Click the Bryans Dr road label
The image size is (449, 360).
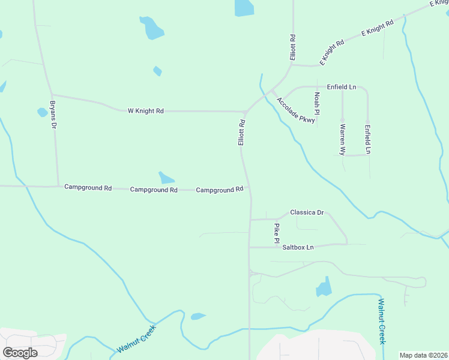(53, 115)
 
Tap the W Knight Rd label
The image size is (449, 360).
(145, 111)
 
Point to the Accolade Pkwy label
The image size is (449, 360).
(296, 111)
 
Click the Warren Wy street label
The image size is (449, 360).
(342, 140)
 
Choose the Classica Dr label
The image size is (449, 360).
(307, 212)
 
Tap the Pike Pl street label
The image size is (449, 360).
(277, 233)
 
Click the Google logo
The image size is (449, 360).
(20, 352)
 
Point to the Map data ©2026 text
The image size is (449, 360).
(423, 355)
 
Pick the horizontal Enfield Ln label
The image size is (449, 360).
(342, 87)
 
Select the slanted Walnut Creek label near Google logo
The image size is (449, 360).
(136, 339)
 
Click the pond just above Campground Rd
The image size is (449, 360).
(166, 178)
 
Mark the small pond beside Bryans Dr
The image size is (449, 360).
(42, 112)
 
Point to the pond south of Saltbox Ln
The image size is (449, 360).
(324, 287)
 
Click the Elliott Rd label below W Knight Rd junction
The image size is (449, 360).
(241, 133)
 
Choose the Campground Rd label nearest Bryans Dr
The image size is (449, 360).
(88, 188)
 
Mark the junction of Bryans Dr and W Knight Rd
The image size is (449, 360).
(52, 95)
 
